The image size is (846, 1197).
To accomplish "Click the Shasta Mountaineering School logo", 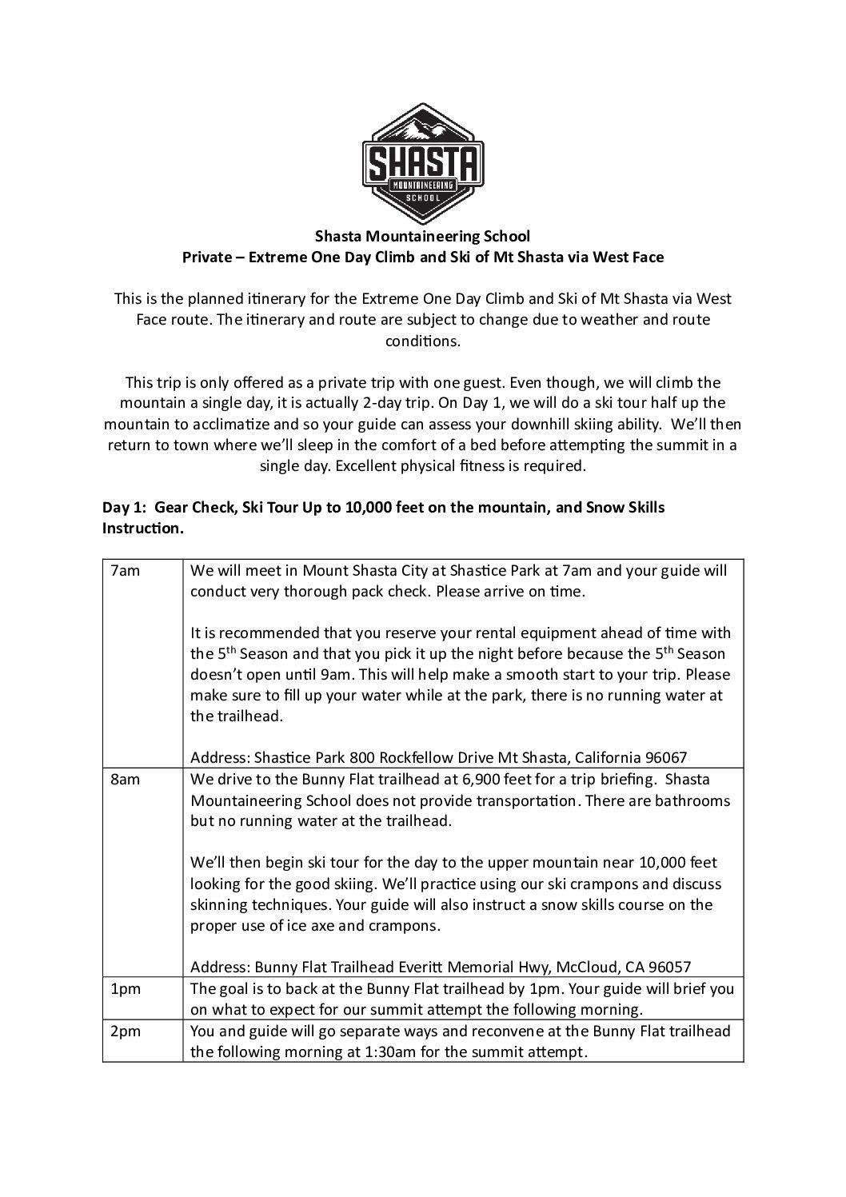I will [423, 163].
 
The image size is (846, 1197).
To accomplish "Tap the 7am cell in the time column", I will [124, 571].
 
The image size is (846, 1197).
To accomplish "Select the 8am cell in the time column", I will [125, 780].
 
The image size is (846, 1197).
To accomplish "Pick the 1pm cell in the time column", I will [125, 989].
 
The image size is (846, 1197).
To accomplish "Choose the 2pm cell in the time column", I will [125, 1031].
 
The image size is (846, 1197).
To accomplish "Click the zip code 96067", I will [665, 757].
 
